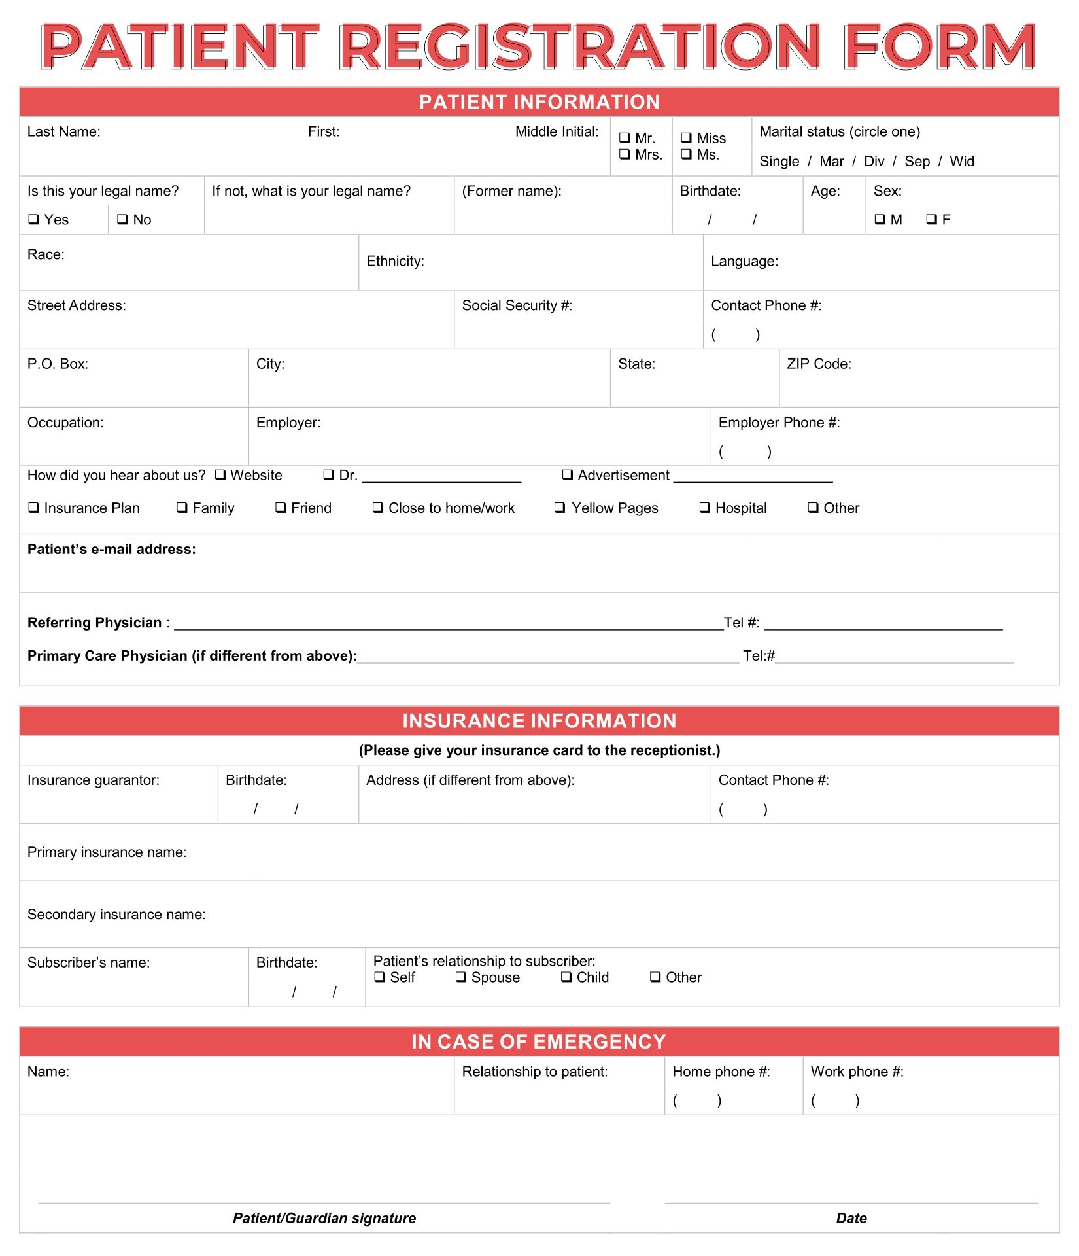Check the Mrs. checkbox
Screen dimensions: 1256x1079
tap(625, 154)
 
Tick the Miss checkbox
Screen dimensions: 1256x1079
tap(686, 138)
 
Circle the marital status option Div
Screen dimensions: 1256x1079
tap(874, 162)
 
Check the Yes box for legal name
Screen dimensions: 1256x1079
tap(33, 220)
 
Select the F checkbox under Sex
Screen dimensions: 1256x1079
tap(931, 220)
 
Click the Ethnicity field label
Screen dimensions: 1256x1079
tap(395, 262)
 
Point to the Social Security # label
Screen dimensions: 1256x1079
tap(517, 305)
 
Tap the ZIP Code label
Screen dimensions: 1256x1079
tap(819, 364)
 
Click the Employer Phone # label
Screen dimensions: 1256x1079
tap(779, 423)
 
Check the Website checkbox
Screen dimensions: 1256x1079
tap(220, 475)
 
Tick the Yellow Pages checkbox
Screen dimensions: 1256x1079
tap(560, 508)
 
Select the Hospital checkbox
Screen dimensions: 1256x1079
tap(704, 508)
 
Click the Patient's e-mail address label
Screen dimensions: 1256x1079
tap(111, 549)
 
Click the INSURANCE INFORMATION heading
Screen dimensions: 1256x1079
tap(539, 721)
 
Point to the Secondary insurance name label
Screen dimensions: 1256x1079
tap(116, 915)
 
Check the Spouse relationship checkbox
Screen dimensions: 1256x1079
tap(461, 977)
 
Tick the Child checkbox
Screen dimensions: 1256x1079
tap(566, 977)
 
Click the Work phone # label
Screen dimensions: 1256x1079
tap(857, 1072)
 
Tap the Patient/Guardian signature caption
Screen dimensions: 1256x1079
tap(324, 1218)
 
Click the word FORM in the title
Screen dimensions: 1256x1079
tap(939, 47)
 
